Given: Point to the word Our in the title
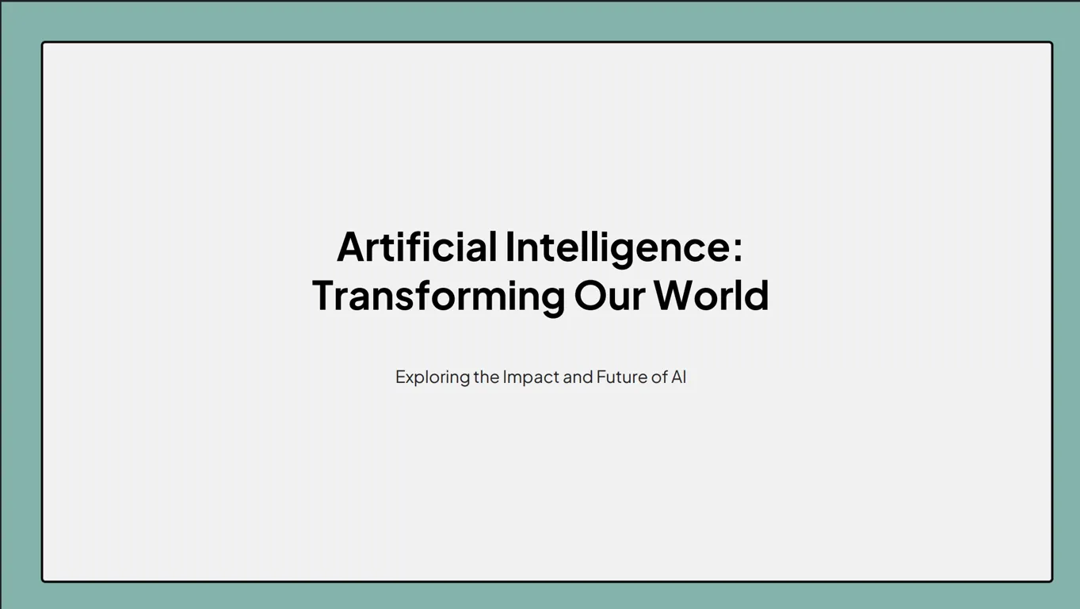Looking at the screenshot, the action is pos(609,295).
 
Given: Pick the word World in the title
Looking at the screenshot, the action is pos(712,294).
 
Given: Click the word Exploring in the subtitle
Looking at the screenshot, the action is pos(432,377).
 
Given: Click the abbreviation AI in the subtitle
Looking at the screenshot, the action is pos(678,377).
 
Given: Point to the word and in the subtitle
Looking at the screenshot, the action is pos(578,377).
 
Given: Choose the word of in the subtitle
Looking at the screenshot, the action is pos(659,377).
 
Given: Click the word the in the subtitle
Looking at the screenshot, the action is pos(486,377).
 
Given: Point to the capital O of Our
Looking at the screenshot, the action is pos(590,295).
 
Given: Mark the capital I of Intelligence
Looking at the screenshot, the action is pos(509,247).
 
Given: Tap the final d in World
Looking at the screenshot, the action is pos(758,294).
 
